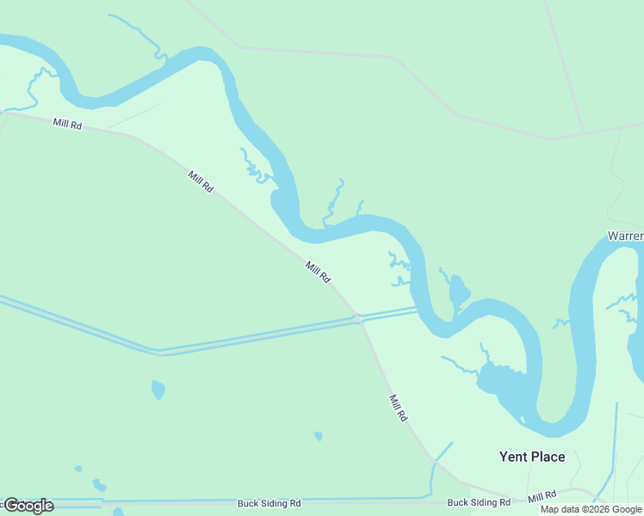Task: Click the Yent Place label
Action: pos(532,457)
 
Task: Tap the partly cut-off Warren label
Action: pos(625,236)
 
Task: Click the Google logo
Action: pos(28,506)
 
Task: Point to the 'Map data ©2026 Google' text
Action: pos(591,509)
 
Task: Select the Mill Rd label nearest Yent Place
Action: pos(542,497)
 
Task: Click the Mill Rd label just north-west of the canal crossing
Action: pos(318,273)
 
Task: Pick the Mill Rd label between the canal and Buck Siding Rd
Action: pos(398,408)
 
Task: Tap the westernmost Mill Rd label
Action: pos(66,124)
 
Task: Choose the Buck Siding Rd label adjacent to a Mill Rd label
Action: pos(479,502)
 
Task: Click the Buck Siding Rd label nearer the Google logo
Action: pos(269,502)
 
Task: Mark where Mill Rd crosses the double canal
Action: pos(357,319)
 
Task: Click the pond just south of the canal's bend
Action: pos(158,390)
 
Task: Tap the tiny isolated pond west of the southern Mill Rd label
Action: pos(319,436)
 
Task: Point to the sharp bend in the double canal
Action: pos(158,351)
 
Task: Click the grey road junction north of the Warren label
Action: pos(585,133)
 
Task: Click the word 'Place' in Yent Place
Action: pos(548,457)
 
